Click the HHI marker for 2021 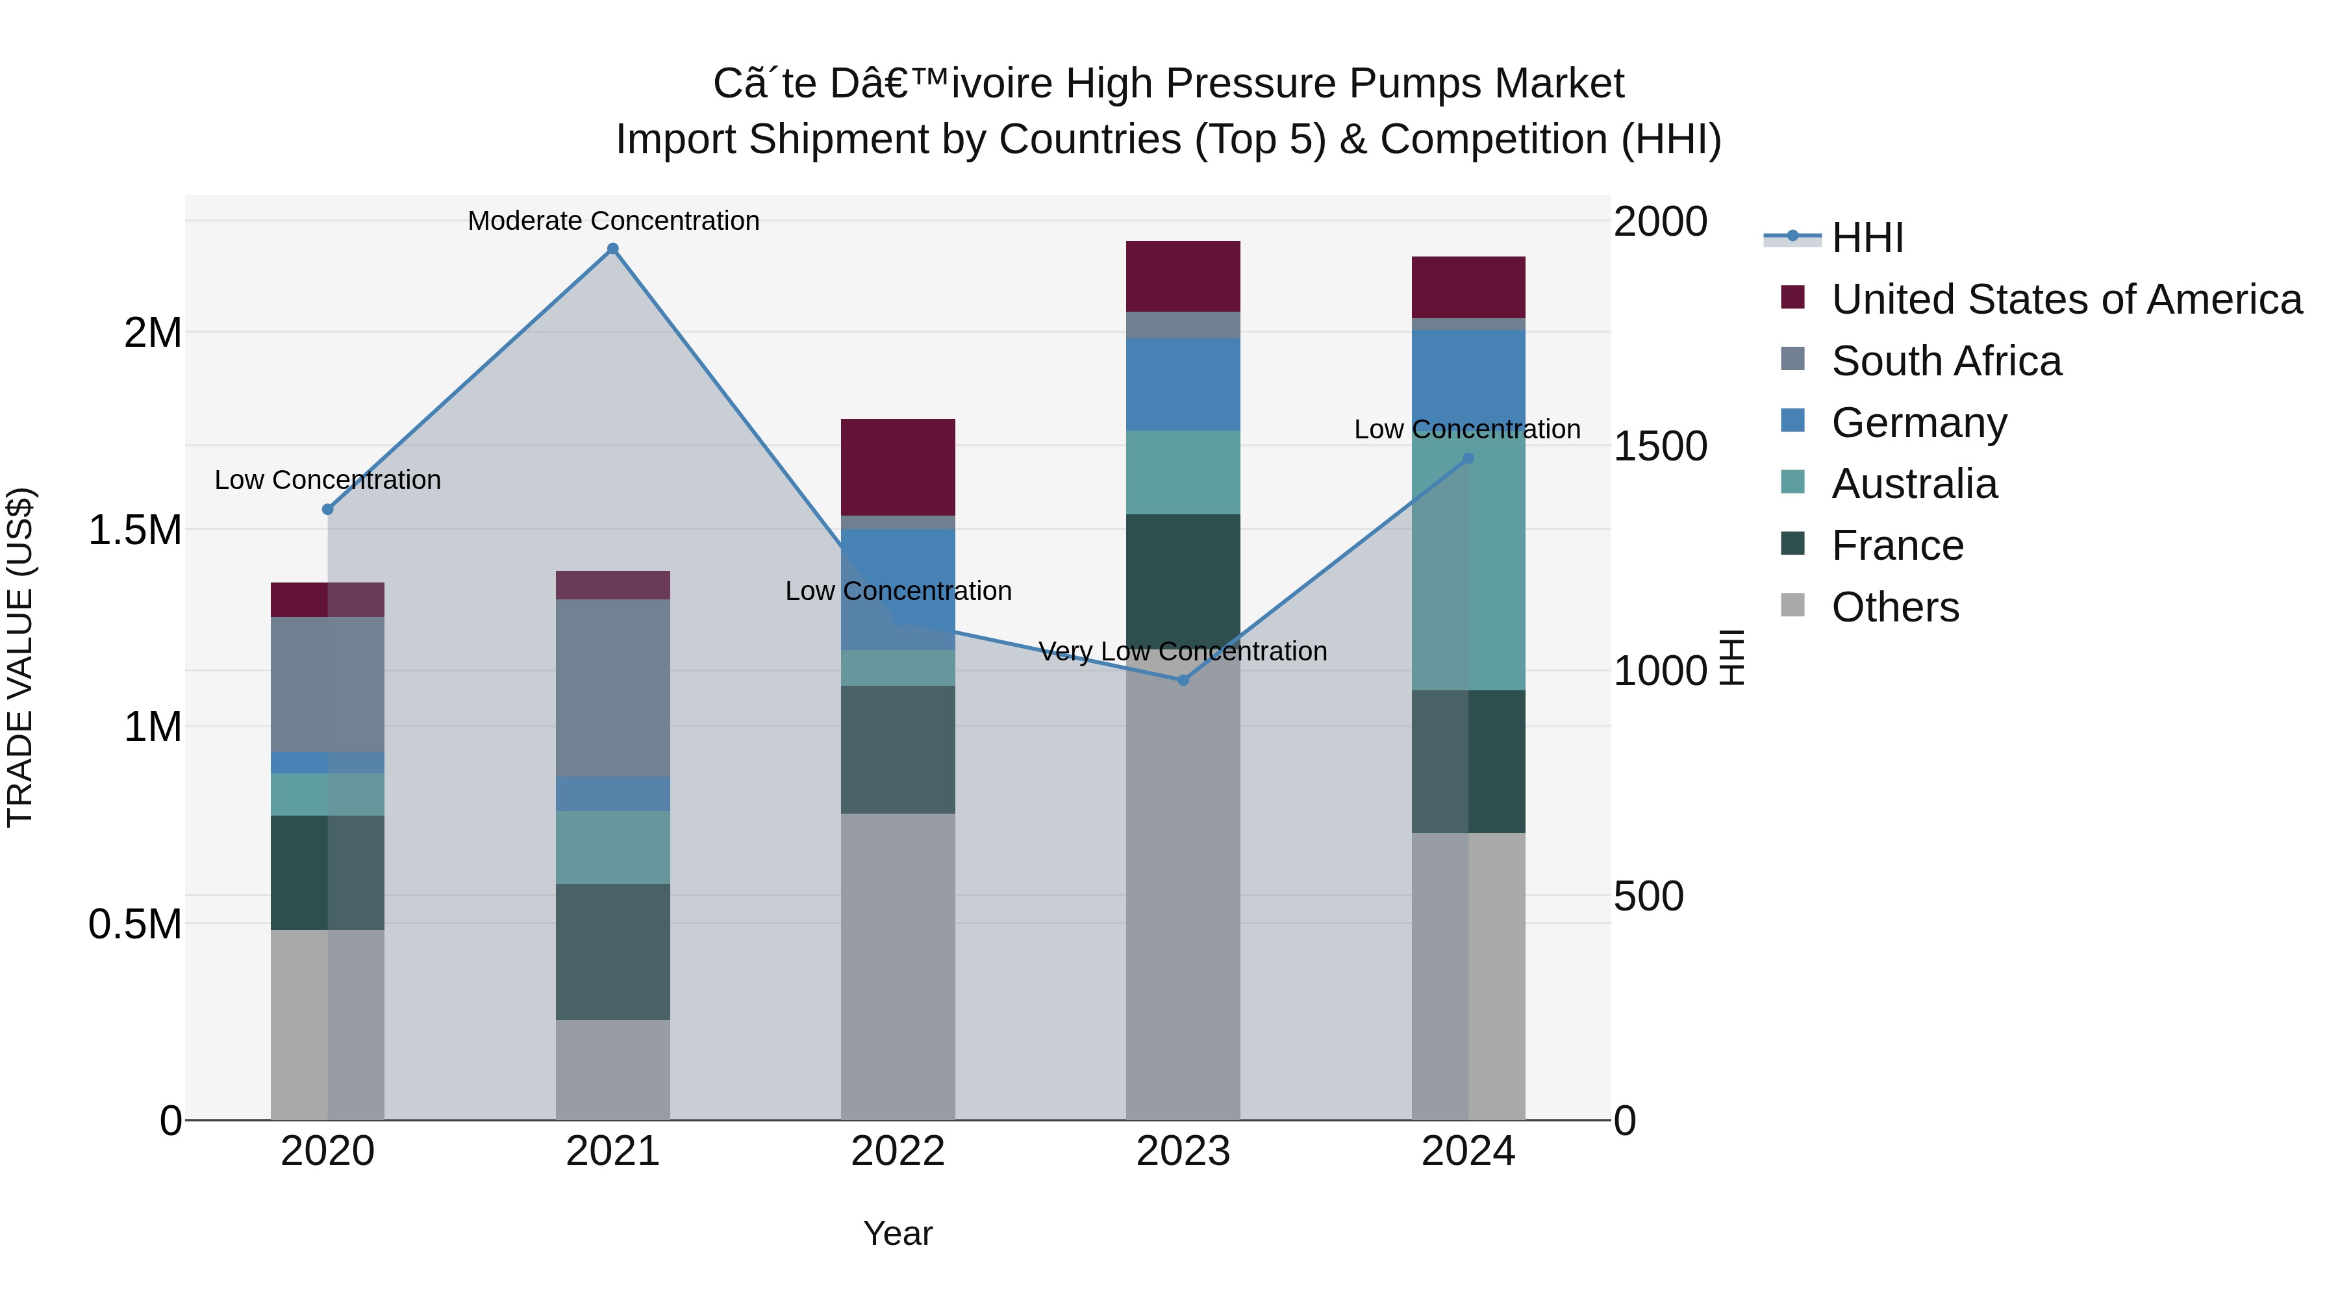click(612, 249)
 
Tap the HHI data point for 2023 click(1183, 680)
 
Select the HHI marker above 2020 click(328, 509)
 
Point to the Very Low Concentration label click(1183, 651)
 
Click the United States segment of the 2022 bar click(898, 466)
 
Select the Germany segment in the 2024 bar click(1468, 377)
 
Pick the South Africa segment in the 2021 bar click(612, 687)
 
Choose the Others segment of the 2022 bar click(898, 966)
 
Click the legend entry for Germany click(1918, 423)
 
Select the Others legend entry click(1895, 607)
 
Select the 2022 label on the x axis click(898, 1151)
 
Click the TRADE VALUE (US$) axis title click(21, 657)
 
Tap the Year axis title click(898, 1233)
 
